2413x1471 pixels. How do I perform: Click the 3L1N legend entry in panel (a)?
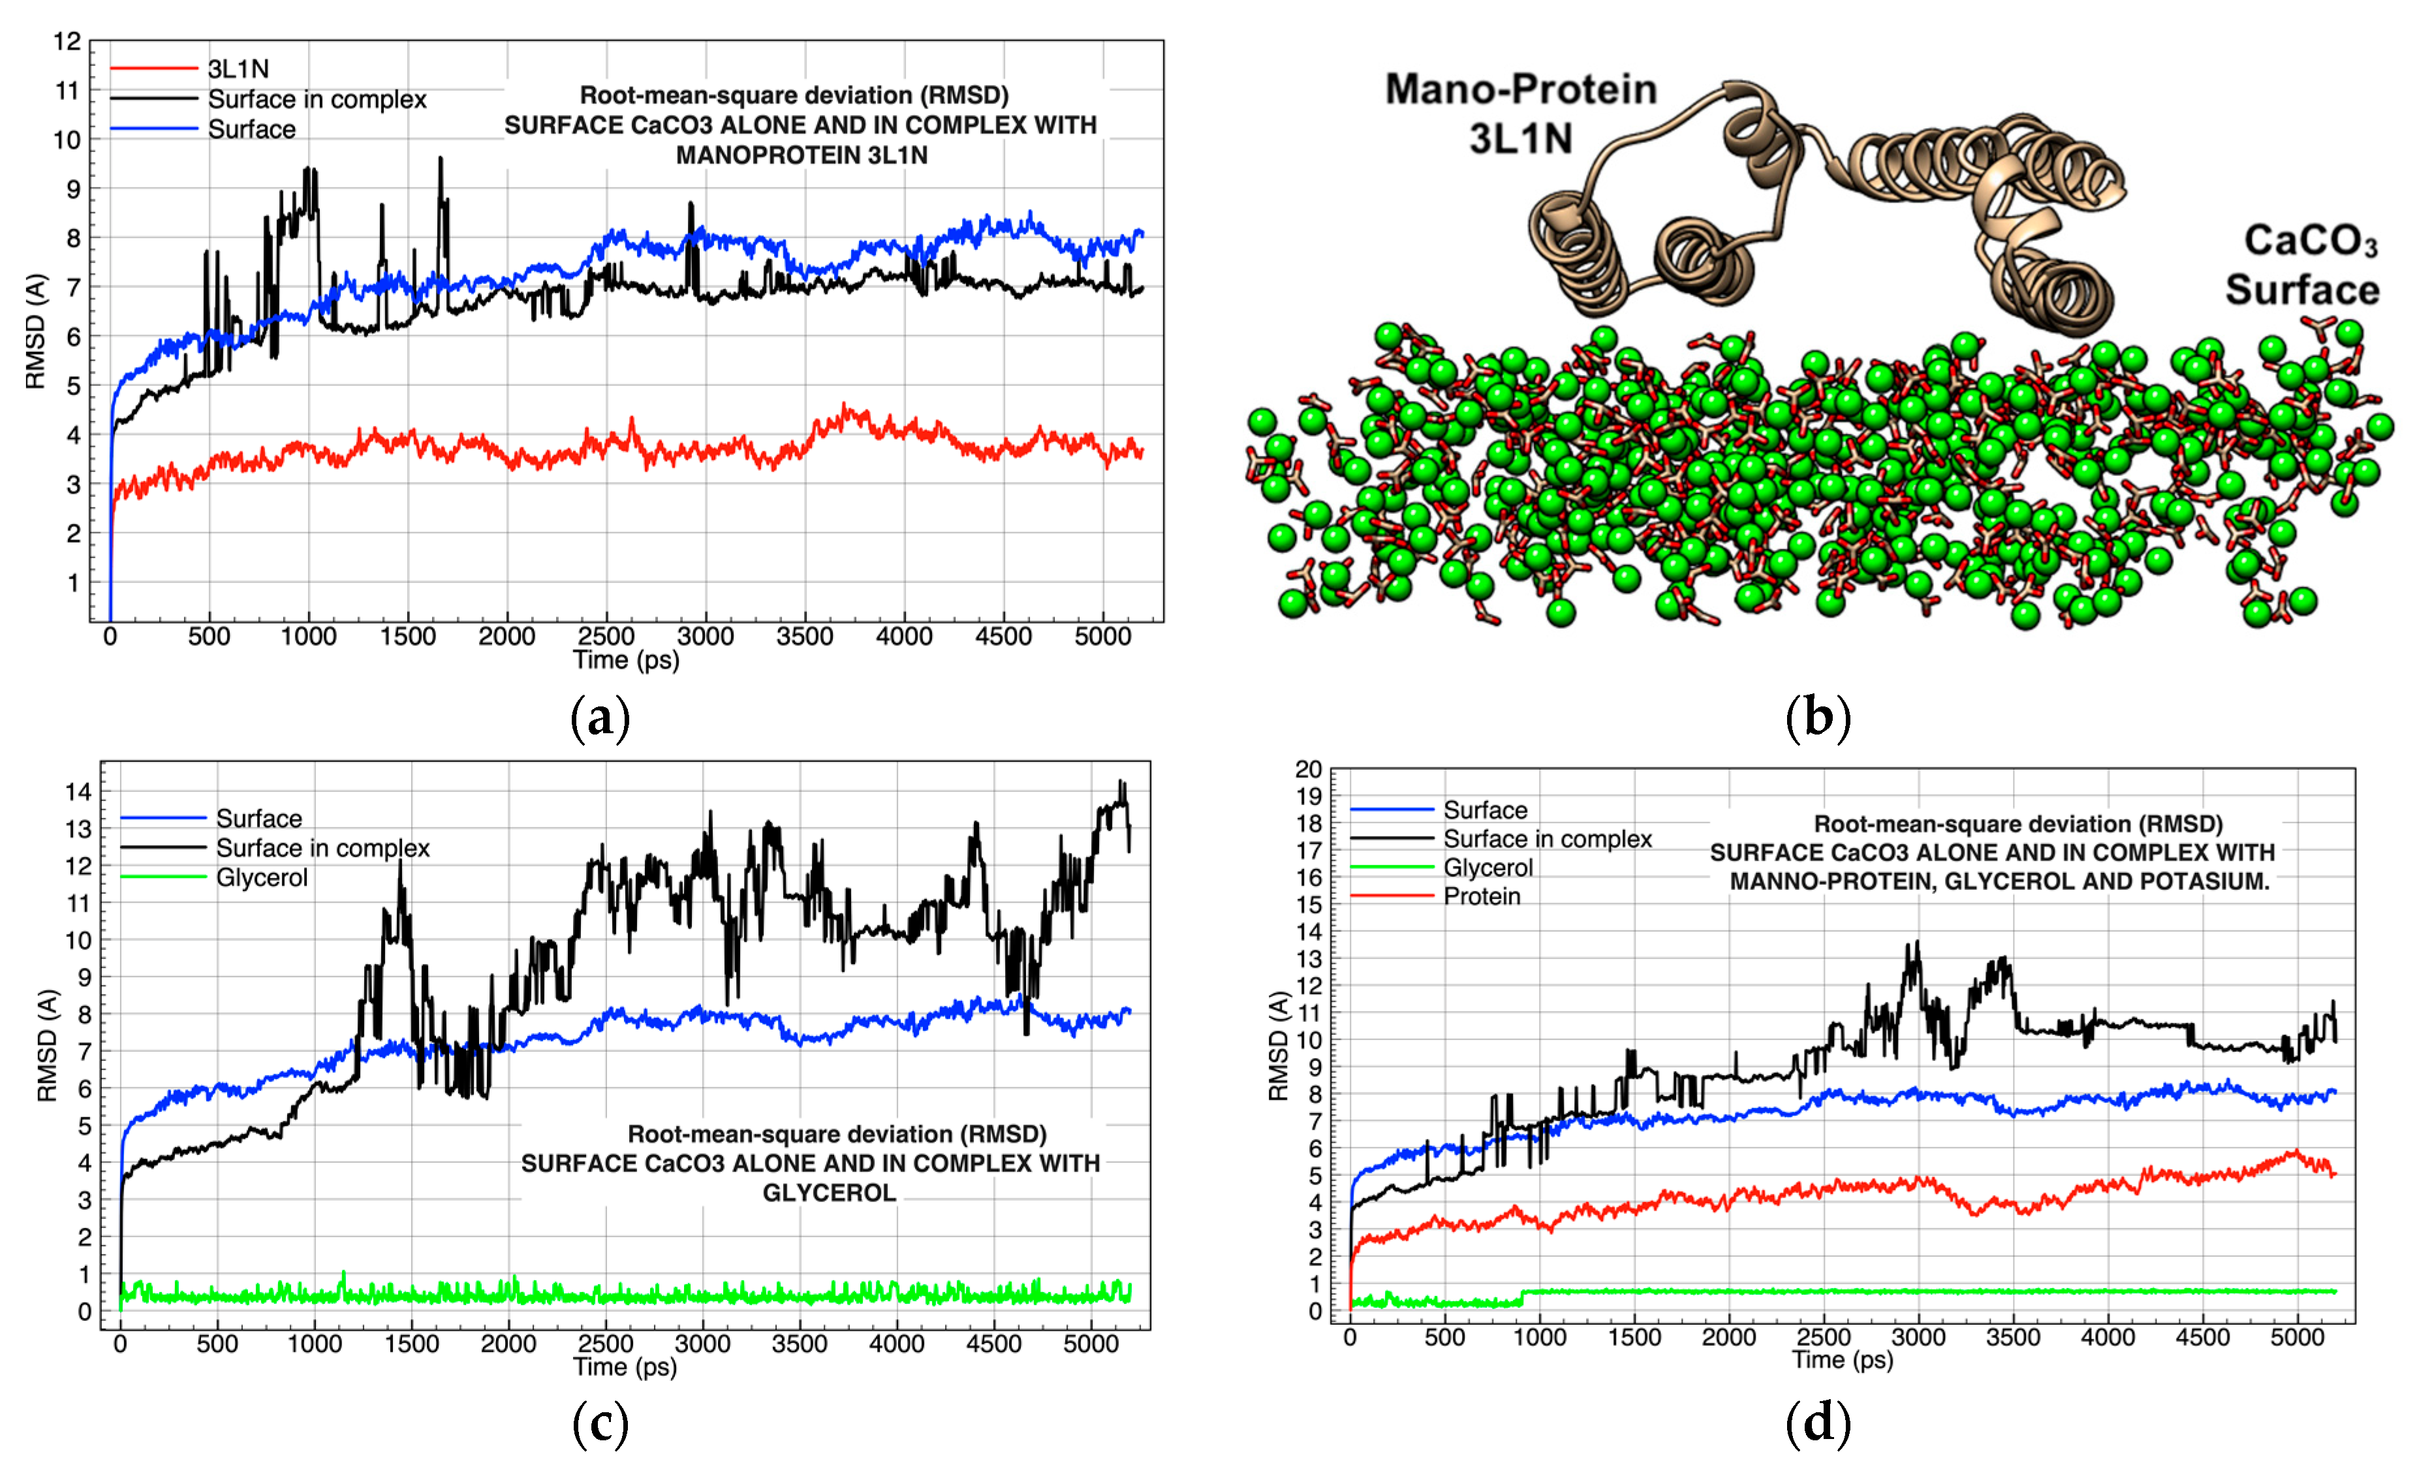(x=238, y=69)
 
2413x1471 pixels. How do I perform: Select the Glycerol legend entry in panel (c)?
(x=262, y=878)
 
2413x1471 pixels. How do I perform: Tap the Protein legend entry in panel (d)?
(x=1481, y=896)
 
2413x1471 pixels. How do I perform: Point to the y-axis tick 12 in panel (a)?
(x=67, y=41)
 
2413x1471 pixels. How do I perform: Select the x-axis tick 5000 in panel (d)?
(x=2296, y=1337)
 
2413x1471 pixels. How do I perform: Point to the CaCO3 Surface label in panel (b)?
(x=2302, y=265)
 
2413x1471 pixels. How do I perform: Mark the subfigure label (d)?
(x=1818, y=1422)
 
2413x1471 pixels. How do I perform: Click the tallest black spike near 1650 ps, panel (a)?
(x=440, y=159)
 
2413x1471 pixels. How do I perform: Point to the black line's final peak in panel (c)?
(x=1122, y=783)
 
